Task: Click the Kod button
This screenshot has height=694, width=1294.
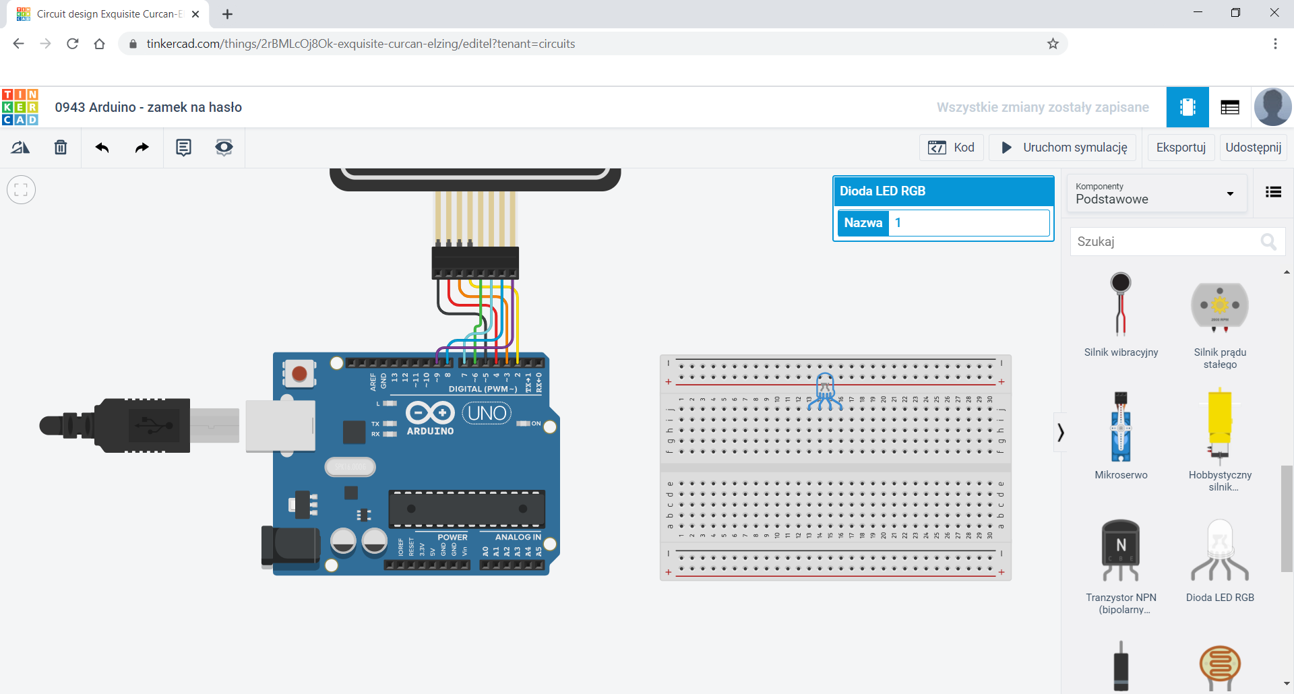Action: click(951, 148)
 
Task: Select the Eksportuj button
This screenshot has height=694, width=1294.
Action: click(1181, 148)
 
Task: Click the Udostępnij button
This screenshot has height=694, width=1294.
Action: click(1253, 148)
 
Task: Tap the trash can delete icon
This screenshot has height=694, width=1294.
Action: click(61, 148)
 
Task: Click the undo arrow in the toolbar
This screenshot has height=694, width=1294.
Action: click(102, 148)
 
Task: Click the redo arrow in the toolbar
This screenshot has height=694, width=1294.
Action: click(142, 148)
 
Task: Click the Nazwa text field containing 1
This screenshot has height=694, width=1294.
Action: click(969, 223)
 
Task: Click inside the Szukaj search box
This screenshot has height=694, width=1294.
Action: click(1166, 241)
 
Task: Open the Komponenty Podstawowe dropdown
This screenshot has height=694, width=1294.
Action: click(1157, 193)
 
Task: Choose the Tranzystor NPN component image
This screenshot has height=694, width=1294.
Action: click(1120, 550)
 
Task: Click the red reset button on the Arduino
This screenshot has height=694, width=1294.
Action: click(300, 374)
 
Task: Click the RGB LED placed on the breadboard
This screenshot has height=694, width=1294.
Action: click(825, 390)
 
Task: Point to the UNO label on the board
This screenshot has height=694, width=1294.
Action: click(487, 413)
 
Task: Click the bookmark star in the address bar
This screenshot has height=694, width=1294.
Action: click(1053, 44)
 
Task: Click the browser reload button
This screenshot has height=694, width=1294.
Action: click(73, 44)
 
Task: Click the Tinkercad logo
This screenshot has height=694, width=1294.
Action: click(20, 107)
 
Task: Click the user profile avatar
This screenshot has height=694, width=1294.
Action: click(1272, 107)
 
